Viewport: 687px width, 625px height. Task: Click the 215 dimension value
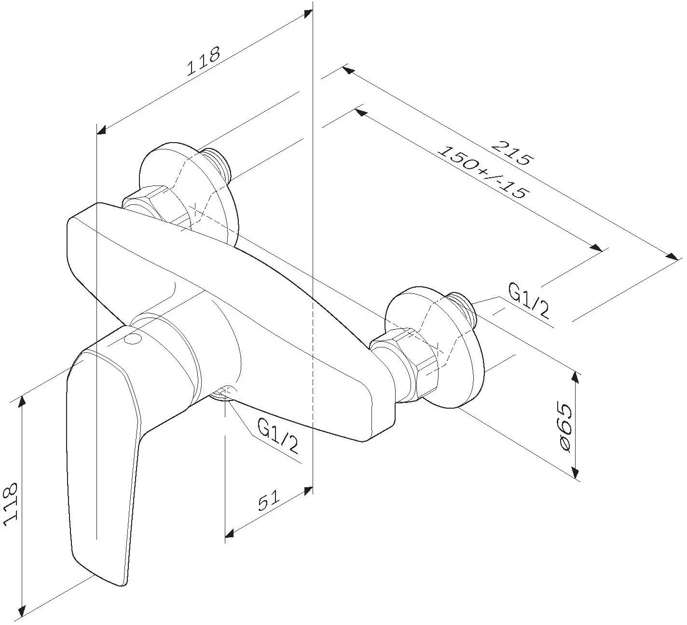[513, 153]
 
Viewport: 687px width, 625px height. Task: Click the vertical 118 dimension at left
[10, 504]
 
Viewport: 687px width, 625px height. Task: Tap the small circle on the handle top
[133, 339]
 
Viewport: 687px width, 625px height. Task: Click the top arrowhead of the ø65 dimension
[576, 378]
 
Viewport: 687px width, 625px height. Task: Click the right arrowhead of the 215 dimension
[672, 256]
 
